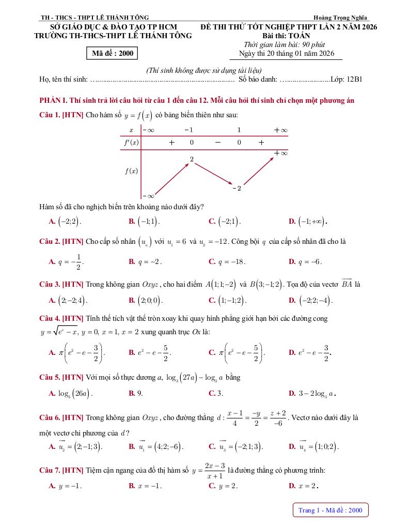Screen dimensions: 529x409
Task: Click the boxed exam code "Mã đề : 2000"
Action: click(113, 53)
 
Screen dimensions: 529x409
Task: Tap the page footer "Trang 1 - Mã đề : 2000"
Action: click(331, 510)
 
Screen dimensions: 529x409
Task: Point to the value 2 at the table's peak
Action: click(192, 160)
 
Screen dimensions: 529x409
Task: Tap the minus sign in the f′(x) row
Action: click(217, 142)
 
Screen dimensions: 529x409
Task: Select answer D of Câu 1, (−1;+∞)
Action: click(308, 221)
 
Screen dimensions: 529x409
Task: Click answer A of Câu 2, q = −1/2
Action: click(67, 261)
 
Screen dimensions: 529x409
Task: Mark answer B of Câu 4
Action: click(150, 353)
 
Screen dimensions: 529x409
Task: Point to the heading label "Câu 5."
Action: click(50, 378)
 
